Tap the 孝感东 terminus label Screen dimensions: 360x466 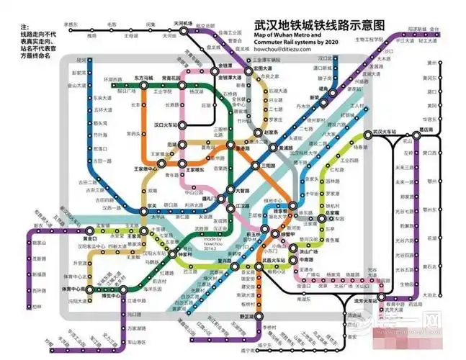coord(71,24)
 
